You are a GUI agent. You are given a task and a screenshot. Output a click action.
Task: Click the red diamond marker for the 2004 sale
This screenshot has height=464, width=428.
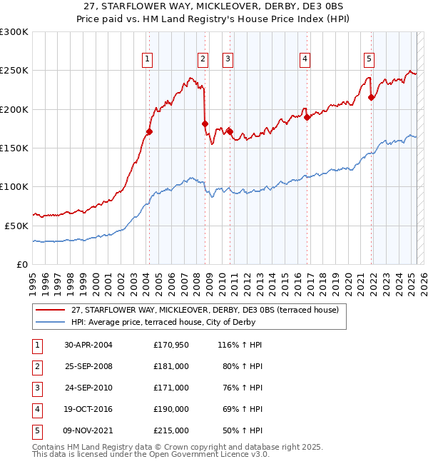pyautogui.click(x=149, y=131)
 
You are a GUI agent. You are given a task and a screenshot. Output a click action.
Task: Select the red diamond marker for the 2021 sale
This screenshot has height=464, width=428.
pyautogui.click(x=371, y=98)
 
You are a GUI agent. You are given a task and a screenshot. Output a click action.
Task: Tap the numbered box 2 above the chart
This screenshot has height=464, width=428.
pyautogui.click(x=203, y=59)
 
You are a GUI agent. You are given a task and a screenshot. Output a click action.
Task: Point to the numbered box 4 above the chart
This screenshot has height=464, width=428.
pyautogui.click(x=305, y=59)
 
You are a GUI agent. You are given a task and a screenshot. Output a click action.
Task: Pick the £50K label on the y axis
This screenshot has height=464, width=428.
pyautogui.click(x=16, y=226)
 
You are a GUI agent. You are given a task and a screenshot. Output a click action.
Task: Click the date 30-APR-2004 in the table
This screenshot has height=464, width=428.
pyautogui.click(x=88, y=345)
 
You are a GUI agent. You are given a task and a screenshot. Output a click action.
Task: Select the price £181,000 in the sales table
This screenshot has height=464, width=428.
pyautogui.click(x=171, y=366)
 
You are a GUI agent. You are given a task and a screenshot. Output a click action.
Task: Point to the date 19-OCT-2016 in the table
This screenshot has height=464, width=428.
pyautogui.click(x=88, y=409)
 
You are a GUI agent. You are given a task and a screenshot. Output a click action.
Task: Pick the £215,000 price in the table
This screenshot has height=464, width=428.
pyautogui.click(x=171, y=430)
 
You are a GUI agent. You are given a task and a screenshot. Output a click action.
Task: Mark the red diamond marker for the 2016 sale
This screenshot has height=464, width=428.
pyautogui.click(x=307, y=117)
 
